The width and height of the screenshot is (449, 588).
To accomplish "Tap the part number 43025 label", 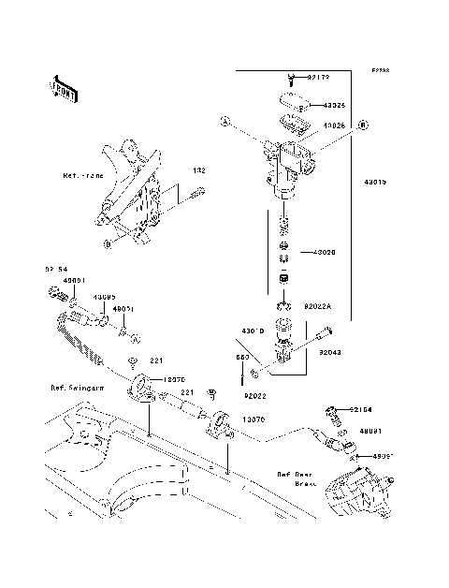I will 336,106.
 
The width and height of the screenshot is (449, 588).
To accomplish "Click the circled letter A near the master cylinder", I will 224,121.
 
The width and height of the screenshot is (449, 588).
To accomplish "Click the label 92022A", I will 318,306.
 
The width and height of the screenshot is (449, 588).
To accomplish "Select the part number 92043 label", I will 330,353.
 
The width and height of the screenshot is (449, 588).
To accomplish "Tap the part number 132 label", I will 198,171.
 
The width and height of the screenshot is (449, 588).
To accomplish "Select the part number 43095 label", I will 103,298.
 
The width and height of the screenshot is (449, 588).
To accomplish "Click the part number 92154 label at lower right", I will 363,409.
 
